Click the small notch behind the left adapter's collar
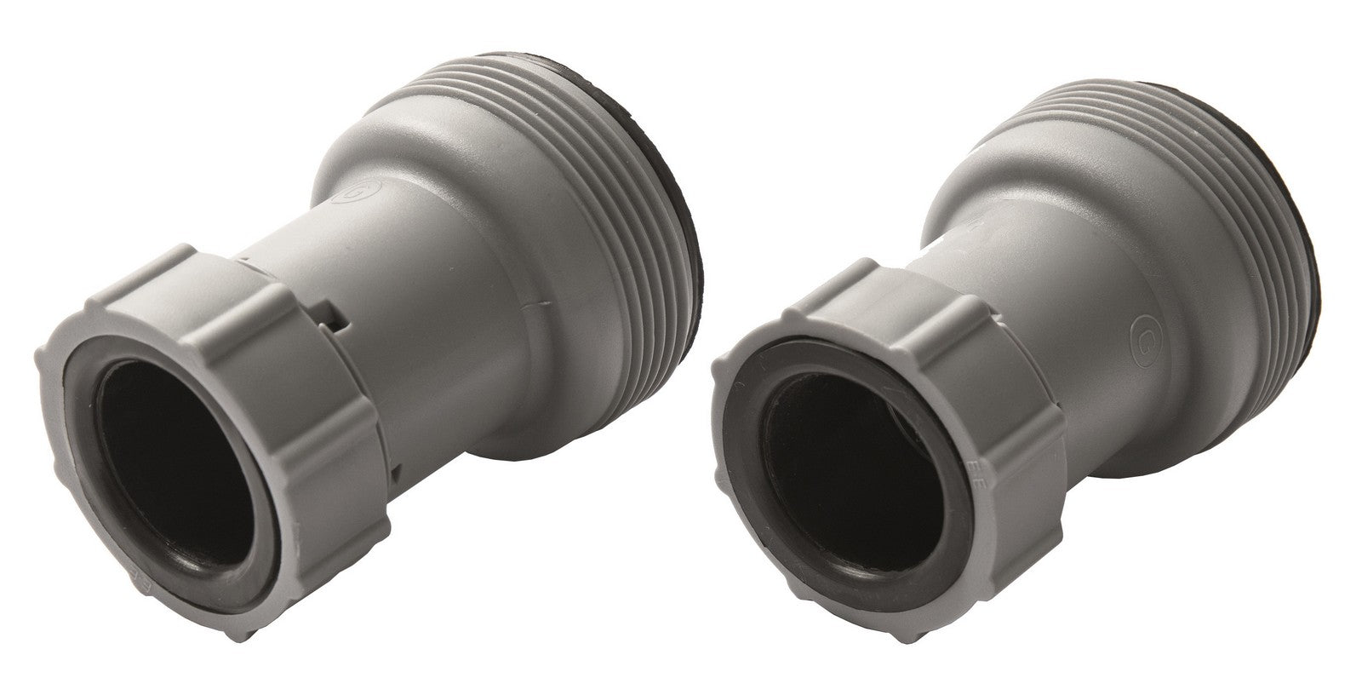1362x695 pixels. (x=340, y=320)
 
